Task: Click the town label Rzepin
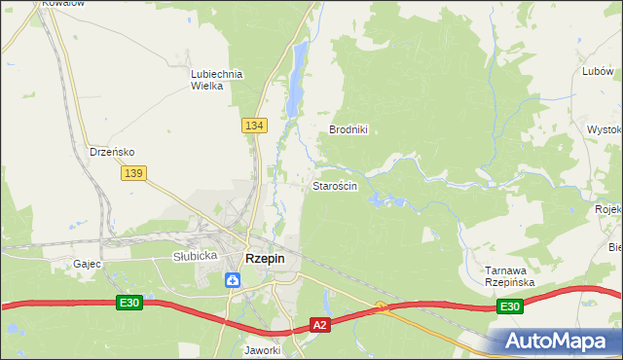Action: coord(265,258)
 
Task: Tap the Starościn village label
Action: coord(335,185)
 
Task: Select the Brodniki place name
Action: coord(348,129)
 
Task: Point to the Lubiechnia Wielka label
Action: coord(216,79)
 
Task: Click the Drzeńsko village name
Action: coord(112,152)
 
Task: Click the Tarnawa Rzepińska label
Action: coord(510,275)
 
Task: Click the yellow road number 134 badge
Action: coord(254,126)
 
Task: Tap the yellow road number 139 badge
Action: coord(134,172)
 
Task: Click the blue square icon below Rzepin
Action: coord(233,280)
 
